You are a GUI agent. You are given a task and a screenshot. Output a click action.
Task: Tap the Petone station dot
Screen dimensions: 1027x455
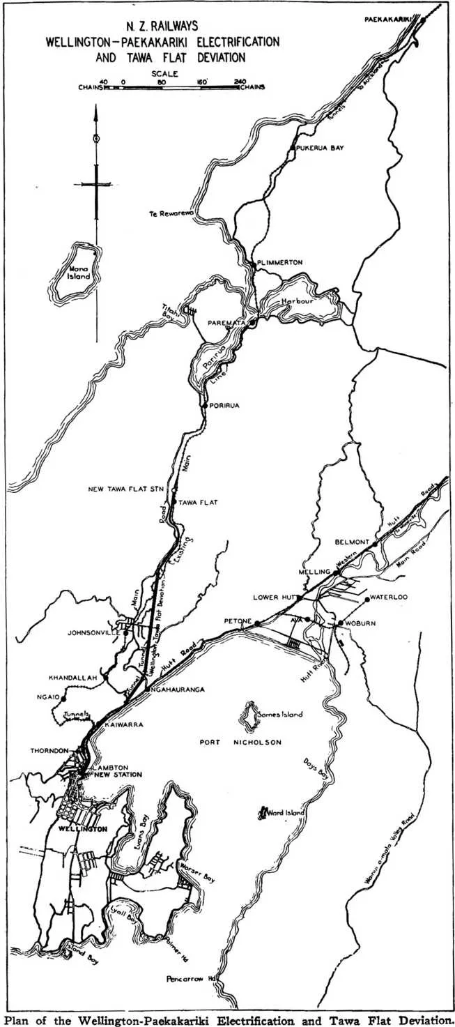[256, 623]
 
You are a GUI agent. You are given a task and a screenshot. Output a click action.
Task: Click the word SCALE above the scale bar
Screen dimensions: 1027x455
[164, 73]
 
